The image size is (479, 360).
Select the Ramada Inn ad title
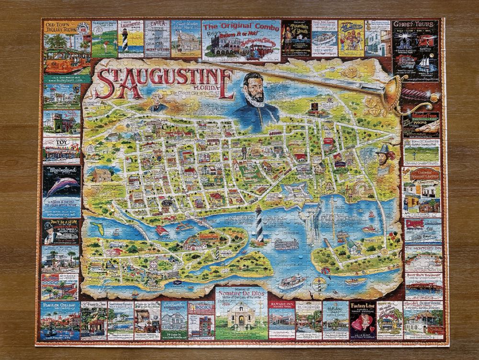click(x=281, y=305)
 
